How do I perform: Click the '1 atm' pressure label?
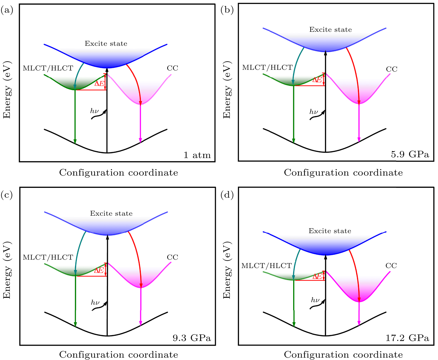pos(197,155)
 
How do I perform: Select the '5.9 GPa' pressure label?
pos(410,155)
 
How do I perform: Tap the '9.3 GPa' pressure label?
pos(192,338)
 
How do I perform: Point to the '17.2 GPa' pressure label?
pos(407,338)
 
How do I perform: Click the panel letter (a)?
pos(7,11)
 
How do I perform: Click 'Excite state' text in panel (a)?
pos(106,44)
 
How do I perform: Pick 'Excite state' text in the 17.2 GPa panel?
pos(330,231)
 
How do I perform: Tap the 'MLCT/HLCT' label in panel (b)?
pos(267,68)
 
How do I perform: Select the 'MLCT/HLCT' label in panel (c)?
pos(48,257)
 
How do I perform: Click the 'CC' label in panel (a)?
pos(172,68)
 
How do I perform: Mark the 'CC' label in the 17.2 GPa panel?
pos(391,266)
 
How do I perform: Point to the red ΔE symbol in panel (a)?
pos(99,84)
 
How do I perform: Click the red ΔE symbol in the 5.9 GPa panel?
pos(317,80)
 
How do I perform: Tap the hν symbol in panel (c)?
pos(95,303)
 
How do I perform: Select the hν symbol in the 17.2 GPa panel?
pos(315,300)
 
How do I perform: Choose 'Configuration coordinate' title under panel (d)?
pos(343,355)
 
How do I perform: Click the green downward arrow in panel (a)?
pos(75,117)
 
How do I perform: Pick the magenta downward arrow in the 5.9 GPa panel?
pos(359,123)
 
